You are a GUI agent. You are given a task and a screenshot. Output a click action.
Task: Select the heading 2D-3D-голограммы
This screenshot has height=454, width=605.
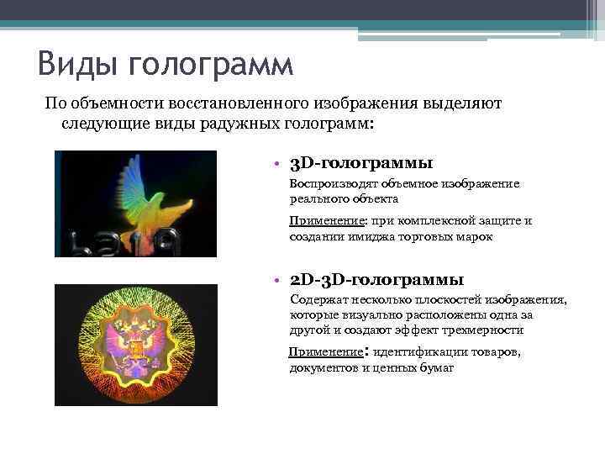pyautogui.click(x=376, y=279)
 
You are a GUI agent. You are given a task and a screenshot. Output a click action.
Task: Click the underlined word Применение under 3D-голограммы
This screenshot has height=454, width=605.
pyautogui.click(x=324, y=221)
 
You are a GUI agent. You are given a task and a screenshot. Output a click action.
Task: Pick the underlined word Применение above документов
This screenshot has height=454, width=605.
pyautogui.click(x=323, y=352)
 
